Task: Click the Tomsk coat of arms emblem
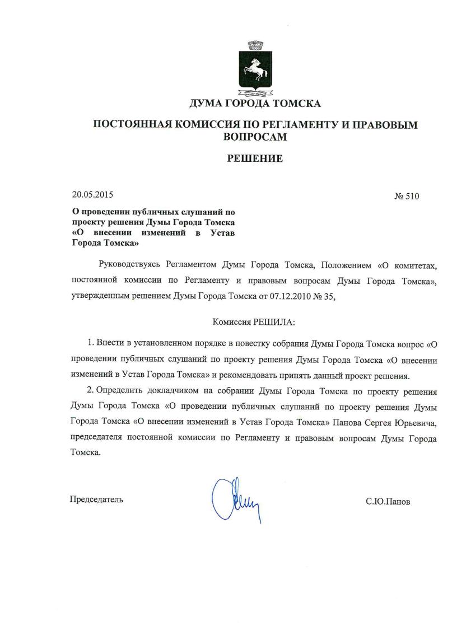click(255, 71)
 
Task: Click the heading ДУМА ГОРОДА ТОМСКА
click(255, 104)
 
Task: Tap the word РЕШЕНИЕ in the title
click(255, 158)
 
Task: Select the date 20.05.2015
click(92, 195)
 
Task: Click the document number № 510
click(407, 197)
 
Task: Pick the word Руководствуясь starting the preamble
click(130, 264)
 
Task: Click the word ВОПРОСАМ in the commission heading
click(255, 136)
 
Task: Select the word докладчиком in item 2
click(178, 391)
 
